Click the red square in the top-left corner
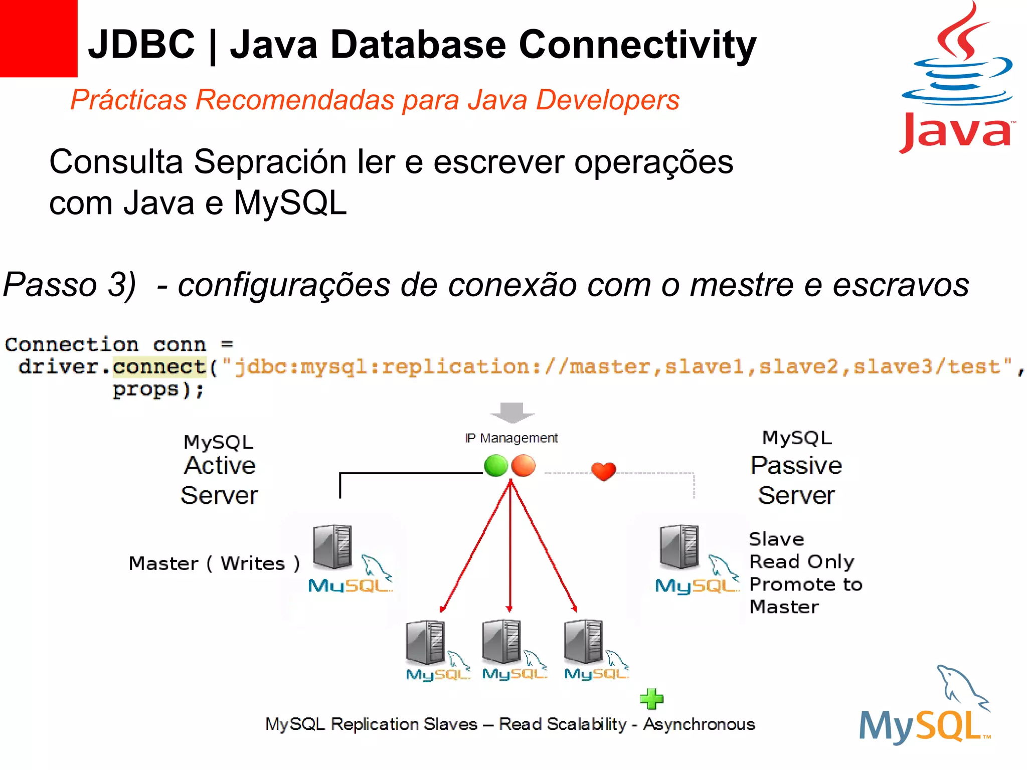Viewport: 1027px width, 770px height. point(38,38)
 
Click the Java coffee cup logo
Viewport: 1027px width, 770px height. point(958,75)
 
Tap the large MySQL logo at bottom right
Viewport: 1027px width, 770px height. point(925,707)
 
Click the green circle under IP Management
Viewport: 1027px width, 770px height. point(496,466)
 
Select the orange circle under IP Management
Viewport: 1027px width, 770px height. point(524,466)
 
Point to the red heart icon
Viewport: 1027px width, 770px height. point(603,471)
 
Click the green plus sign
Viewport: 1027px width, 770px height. point(652,699)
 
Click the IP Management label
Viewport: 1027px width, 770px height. point(511,438)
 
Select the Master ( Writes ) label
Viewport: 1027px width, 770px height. point(214,563)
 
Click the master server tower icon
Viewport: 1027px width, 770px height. point(332,546)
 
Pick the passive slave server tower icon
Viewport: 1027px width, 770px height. point(679,546)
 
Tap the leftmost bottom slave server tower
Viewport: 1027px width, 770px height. point(425,643)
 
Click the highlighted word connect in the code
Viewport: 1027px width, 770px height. point(159,367)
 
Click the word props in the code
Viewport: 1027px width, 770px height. point(145,390)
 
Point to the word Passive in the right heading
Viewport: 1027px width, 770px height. point(796,465)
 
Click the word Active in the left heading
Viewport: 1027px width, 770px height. point(220,465)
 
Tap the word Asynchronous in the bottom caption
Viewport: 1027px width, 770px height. point(699,724)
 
